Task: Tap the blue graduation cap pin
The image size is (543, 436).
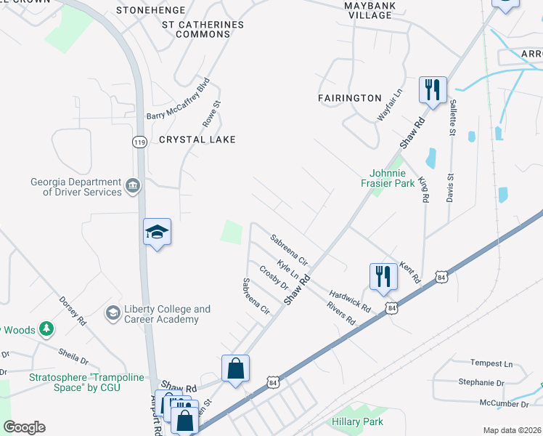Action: [157, 233]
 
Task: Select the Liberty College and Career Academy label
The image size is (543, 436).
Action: [167, 314]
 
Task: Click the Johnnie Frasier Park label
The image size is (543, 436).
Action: [392, 178]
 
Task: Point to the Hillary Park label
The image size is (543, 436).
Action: [357, 421]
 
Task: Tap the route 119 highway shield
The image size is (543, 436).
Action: [140, 143]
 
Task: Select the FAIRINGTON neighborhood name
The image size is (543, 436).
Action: [350, 97]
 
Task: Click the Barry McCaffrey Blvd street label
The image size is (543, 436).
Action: [178, 100]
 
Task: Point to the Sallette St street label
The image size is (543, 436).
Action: [452, 118]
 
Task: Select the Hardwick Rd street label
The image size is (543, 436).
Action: [350, 298]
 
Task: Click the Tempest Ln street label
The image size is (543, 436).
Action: [491, 363]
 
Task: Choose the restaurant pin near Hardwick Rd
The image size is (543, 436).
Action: [383, 277]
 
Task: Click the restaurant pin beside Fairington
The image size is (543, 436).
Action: [432, 91]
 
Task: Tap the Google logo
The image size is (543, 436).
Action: [24, 427]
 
